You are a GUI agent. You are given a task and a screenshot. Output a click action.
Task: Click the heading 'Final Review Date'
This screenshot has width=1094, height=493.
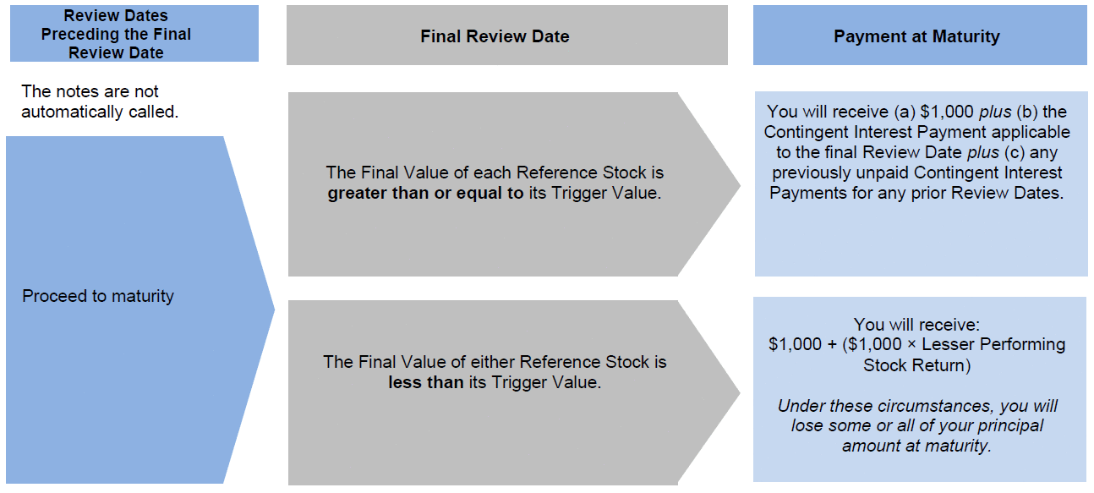495,36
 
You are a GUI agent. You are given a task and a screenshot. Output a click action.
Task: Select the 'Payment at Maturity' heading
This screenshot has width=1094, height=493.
916,36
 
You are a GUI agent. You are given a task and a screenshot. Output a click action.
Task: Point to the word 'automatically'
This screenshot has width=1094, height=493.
72,112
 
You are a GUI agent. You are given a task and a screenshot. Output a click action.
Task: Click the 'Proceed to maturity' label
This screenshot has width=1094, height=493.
98,296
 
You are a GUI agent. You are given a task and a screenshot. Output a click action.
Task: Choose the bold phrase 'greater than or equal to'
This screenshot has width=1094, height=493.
425,193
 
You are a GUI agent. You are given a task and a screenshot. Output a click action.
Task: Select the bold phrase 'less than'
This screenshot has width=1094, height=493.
426,382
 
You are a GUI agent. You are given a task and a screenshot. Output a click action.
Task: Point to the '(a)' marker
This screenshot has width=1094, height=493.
905,112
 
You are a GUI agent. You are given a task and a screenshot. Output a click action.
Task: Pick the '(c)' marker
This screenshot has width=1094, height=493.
1015,152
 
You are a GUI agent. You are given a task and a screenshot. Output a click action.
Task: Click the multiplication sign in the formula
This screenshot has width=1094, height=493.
911,345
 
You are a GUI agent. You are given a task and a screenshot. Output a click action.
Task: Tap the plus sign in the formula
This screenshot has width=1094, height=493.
832,345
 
